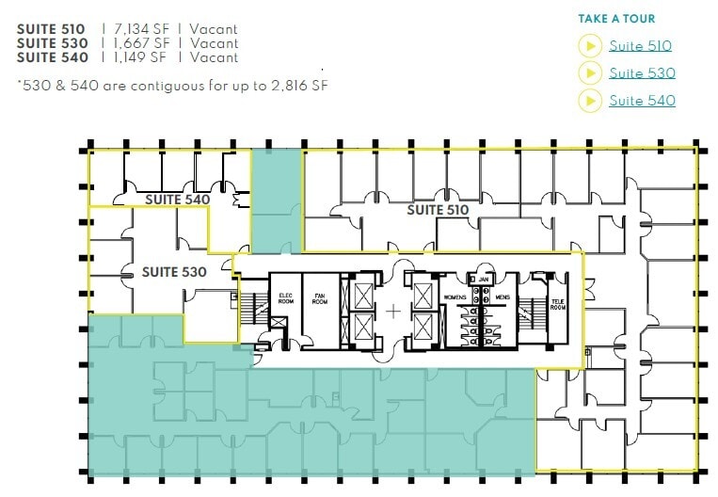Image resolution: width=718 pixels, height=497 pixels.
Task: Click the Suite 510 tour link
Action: point(640,45)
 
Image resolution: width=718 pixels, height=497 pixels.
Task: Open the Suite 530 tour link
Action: point(642,72)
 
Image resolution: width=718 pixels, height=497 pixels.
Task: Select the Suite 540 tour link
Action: point(642,100)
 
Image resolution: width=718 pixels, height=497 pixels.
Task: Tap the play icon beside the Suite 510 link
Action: point(590,45)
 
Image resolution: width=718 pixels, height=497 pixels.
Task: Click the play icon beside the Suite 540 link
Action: point(590,100)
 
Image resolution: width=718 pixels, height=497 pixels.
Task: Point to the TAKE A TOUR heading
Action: point(616,19)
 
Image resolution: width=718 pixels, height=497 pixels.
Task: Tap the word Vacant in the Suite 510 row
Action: point(214,28)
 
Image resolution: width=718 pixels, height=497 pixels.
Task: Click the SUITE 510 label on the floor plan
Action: point(439,210)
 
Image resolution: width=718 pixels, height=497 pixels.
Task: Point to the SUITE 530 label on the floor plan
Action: point(174,272)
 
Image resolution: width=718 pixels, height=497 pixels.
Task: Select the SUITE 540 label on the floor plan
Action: point(177,200)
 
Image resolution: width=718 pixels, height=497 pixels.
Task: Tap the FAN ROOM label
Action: point(320,298)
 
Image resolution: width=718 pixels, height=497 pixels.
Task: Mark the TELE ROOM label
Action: point(557,305)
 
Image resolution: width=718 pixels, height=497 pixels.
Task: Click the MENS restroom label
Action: point(502,297)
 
